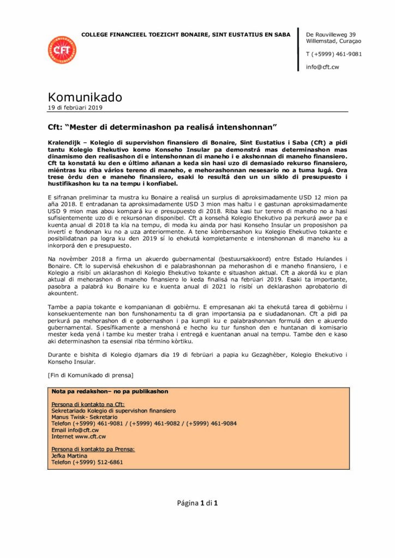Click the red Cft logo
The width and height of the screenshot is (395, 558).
(x=62, y=50)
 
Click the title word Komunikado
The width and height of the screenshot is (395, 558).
(x=85, y=98)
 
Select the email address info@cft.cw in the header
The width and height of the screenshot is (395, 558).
(x=322, y=67)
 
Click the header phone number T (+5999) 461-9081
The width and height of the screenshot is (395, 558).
(x=334, y=54)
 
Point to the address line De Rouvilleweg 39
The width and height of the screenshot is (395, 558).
(x=331, y=34)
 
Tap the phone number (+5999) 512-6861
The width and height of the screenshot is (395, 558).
(x=101, y=462)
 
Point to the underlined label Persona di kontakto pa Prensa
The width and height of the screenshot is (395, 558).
(x=93, y=449)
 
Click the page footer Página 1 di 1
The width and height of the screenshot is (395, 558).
(x=197, y=503)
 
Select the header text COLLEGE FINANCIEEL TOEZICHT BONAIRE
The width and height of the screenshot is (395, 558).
(x=145, y=35)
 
